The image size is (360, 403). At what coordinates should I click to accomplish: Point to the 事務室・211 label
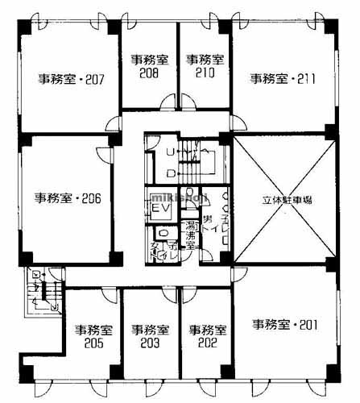(x=281, y=78)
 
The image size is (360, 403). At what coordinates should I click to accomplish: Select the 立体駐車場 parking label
(x=282, y=200)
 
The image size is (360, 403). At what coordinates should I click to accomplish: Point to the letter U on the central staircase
(x=169, y=152)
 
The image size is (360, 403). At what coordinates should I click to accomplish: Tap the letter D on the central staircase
(x=169, y=173)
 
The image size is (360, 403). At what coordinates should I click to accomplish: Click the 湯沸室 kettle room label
(x=192, y=233)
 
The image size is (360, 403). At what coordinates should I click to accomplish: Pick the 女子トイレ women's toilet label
(x=159, y=249)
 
